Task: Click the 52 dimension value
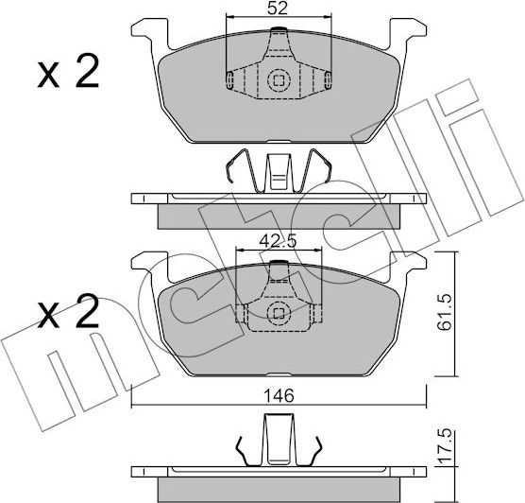[x=278, y=9]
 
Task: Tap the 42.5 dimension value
[x=279, y=241]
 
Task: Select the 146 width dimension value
[x=279, y=396]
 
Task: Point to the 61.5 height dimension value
[x=446, y=313]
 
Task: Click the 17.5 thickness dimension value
[x=446, y=447]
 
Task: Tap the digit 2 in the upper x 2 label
[x=88, y=71]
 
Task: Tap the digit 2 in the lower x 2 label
[x=88, y=310]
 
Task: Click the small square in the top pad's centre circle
[x=279, y=79]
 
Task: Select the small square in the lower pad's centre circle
[x=279, y=314]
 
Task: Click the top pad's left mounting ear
[x=150, y=33]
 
